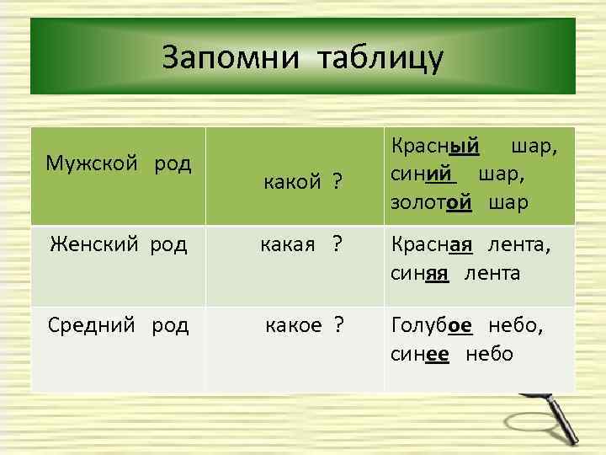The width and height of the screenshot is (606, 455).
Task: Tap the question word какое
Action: click(x=294, y=324)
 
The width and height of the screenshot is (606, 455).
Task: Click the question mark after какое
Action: click(x=338, y=324)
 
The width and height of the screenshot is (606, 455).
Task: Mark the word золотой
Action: click(x=429, y=203)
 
